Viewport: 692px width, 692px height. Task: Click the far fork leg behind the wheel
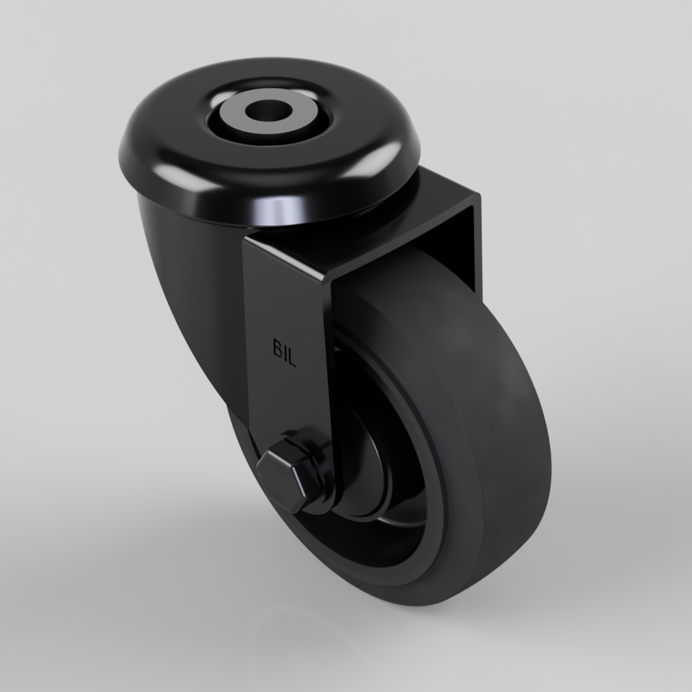471,235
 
